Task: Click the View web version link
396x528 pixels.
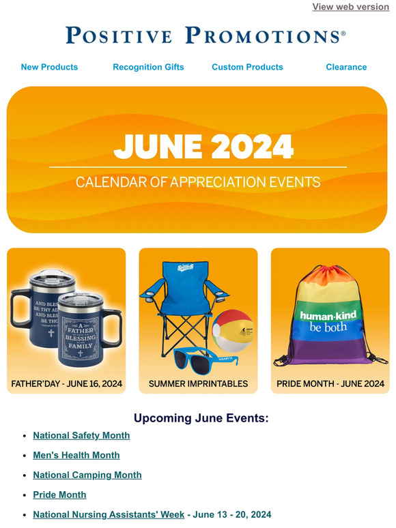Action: point(350,7)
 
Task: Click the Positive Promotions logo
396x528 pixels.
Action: point(206,35)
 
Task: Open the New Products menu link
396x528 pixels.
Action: point(49,67)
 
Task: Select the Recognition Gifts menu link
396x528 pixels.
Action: point(148,67)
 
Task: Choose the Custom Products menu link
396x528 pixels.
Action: point(247,67)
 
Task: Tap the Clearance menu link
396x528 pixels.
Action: point(346,67)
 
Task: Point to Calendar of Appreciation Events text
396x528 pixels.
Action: point(198,183)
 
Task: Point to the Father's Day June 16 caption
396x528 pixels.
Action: point(67,384)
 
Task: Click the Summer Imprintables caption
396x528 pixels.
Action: point(198,384)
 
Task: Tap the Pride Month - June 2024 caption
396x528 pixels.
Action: point(330,384)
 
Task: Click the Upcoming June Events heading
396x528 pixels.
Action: point(201,418)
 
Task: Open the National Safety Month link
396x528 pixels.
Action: point(81,435)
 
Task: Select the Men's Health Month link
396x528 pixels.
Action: point(76,455)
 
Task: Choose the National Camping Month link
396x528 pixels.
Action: point(87,475)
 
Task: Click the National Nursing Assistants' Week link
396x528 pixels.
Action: point(109,514)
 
